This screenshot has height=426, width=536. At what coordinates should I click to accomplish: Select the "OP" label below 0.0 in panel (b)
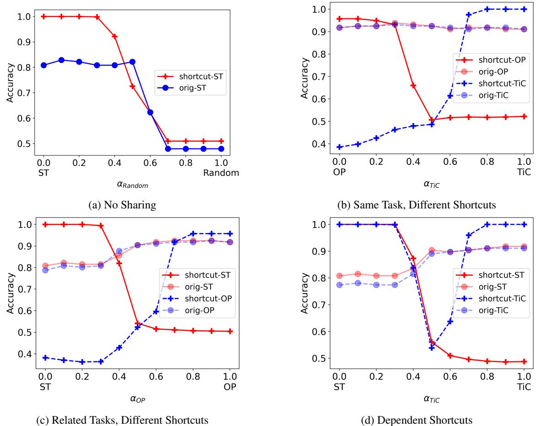[x=339, y=173]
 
